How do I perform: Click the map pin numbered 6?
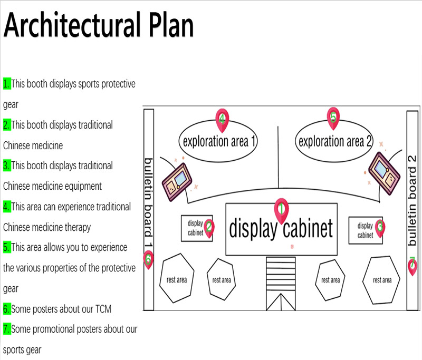pyautogui.click(x=148, y=259)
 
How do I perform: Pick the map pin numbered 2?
pyautogui.click(x=209, y=228)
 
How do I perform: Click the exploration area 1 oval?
pyautogui.click(x=219, y=141)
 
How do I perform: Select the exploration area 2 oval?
pyautogui.click(x=335, y=141)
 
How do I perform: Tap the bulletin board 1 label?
pyautogui.click(x=148, y=203)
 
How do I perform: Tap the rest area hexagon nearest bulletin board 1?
pyautogui.click(x=176, y=279)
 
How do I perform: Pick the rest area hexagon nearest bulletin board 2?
pyautogui.click(x=382, y=280)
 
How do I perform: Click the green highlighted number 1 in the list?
pyautogui.click(x=7, y=83)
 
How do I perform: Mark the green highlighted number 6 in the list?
pyautogui.click(x=7, y=309)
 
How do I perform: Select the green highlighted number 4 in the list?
pyautogui.click(x=7, y=207)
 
